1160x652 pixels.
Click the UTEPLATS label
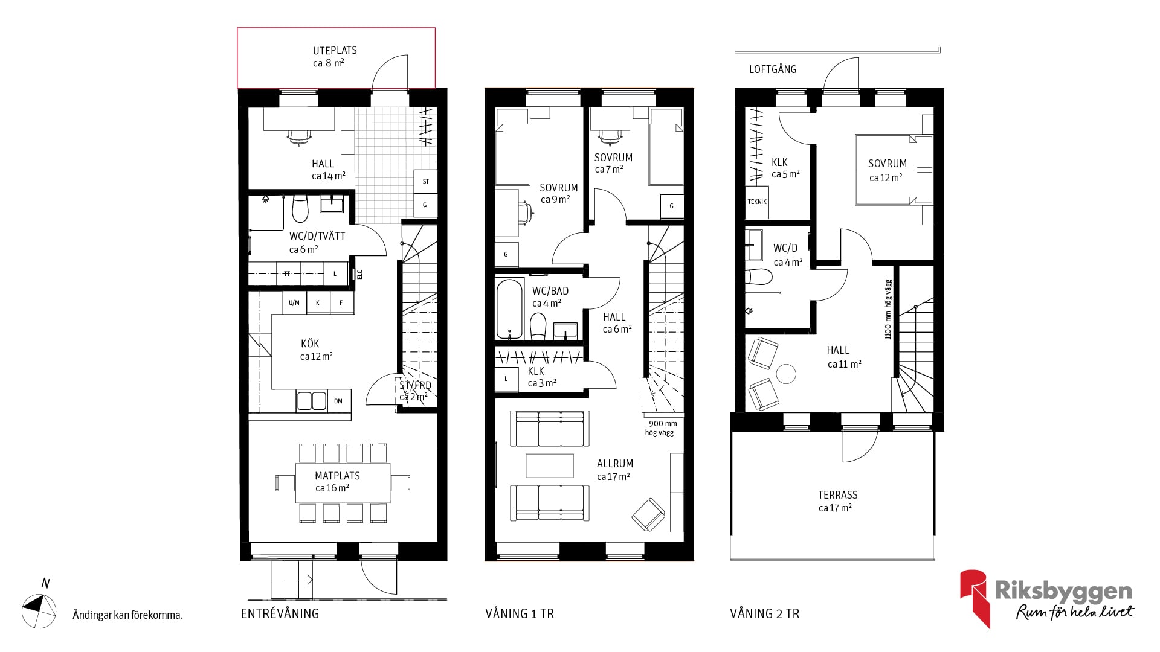click(x=335, y=50)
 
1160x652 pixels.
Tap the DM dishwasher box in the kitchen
click(x=338, y=401)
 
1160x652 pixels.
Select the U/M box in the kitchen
click(x=294, y=302)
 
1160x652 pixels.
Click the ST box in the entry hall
click(x=425, y=181)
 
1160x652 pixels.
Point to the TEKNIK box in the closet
click(x=757, y=202)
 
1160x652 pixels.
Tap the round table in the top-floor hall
click(x=787, y=374)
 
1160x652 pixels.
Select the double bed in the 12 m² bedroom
click(x=885, y=170)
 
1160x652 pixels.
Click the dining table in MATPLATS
click(x=343, y=483)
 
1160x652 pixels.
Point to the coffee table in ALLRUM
click(x=550, y=465)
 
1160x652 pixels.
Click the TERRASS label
click(x=837, y=494)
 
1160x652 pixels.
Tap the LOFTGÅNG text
click(x=773, y=69)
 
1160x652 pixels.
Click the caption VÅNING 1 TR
click(x=520, y=614)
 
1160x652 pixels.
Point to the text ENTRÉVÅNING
click(x=280, y=613)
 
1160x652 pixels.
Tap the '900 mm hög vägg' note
click(x=661, y=428)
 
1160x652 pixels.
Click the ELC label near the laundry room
click(x=360, y=275)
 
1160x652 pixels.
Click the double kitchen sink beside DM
click(x=312, y=401)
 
